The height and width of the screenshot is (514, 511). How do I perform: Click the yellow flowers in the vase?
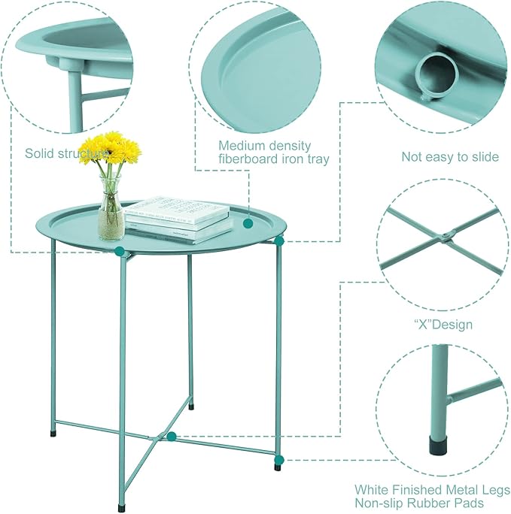111,148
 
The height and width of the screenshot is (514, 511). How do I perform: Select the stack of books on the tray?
178,219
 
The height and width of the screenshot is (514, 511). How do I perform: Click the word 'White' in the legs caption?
373,487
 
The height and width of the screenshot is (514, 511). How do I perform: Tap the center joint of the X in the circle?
446,238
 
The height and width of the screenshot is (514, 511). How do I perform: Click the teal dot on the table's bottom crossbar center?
172,436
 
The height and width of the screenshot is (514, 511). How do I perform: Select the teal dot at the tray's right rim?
279,240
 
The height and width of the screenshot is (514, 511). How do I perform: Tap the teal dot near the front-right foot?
279,459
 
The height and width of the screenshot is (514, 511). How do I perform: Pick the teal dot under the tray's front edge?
119,252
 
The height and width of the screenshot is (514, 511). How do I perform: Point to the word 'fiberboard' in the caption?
249,159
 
